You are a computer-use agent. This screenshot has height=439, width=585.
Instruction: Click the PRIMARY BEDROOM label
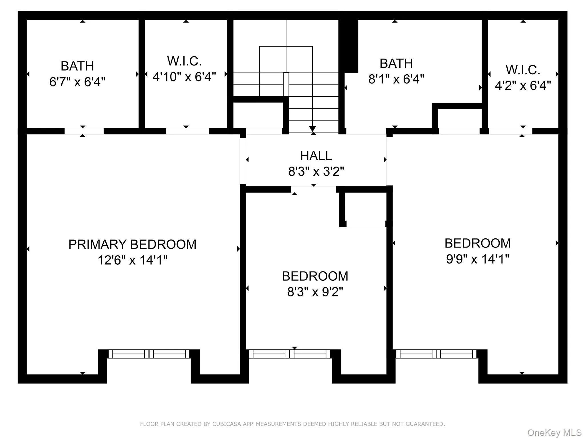pyautogui.click(x=132, y=244)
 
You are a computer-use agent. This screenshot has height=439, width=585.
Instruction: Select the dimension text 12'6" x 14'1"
pyautogui.click(x=132, y=260)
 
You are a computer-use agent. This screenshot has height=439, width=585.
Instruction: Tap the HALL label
pyautogui.click(x=316, y=156)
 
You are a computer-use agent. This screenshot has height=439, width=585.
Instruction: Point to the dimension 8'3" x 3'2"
pyautogui.click(x=316, y=171)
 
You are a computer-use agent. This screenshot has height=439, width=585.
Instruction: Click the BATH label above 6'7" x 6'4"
pyautogui.click(x=77, y=66)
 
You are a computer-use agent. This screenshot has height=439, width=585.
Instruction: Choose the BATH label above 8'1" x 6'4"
pyautogui.click(x=396, y=63)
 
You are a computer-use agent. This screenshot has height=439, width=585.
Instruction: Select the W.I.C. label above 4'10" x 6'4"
pyautogui.click(x=184, y=61)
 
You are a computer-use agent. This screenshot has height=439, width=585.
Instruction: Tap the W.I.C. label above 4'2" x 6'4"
pyautogui.click(x=523, y=70)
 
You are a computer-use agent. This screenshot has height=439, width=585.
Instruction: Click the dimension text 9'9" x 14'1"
pyautogui.click(x=478, y=259)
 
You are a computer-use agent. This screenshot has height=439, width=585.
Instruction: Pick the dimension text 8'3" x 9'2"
pyautogui.click(x=315, y=292)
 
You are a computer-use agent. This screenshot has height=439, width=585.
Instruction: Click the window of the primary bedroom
pyautogui.click(x=149, y=354)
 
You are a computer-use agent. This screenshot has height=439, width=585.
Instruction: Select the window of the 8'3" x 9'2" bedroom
pyautogui.click(x=290, y=354)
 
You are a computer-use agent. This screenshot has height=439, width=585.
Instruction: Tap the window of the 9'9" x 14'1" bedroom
pyautogui.click(x=436, y=354)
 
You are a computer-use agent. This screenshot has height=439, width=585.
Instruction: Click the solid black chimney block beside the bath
pyautogui.click(x=348, y=46)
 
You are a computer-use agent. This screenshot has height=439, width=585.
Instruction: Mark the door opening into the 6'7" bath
pyautogui.click(x=84, y=131)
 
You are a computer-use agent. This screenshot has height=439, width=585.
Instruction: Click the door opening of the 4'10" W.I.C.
pyautogui.click(x=187, y=131)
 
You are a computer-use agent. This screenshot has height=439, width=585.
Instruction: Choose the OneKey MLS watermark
pyautogui.click(x=554, y=433)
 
